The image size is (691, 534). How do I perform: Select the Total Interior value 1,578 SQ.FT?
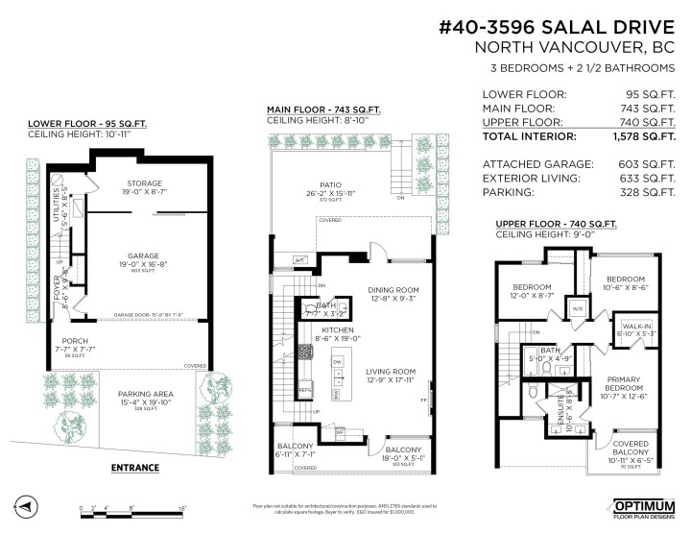coord(646,137)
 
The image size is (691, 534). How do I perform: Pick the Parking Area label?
coord(145,395)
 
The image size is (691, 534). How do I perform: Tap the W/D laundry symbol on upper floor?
coord(579,308)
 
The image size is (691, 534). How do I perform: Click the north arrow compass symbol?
coord(27,506)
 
